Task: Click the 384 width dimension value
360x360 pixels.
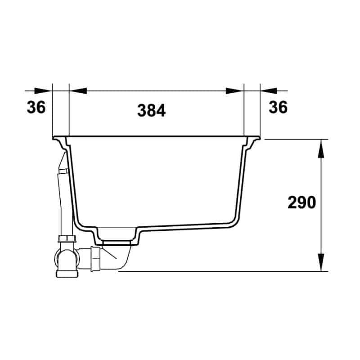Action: point(151,110)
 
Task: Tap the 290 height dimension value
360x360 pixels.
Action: point(301,202)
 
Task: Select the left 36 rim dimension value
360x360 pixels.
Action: point(36,107)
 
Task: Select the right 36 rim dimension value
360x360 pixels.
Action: point(278,107)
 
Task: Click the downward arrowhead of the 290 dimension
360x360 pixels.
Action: point(321,262)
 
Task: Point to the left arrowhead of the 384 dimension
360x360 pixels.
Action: point(78,91)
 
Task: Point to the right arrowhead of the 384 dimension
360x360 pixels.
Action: point(234,91)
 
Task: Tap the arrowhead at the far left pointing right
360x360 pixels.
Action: point(43,91)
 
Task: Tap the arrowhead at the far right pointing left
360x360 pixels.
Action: point(269,91)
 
